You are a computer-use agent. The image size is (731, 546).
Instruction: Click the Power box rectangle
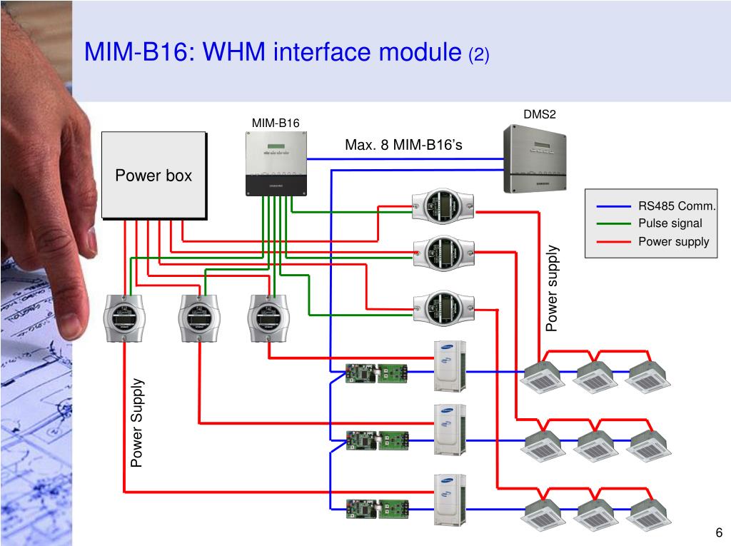(x=153, y=175)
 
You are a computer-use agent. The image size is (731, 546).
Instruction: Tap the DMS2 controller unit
(x=539, y=158)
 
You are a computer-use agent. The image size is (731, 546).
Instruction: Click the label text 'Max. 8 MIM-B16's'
(x=403, y=146)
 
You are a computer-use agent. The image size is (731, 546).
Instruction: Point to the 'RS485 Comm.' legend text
(x=677, y=206)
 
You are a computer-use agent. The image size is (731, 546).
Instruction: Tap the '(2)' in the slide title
(x=478, y=54)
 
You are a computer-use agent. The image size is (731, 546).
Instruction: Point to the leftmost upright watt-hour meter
(x=124, y=317)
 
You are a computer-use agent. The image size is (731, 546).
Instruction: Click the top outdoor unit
(x=450, y=365)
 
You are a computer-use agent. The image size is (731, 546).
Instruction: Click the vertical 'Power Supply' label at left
(x=137, y=423)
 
